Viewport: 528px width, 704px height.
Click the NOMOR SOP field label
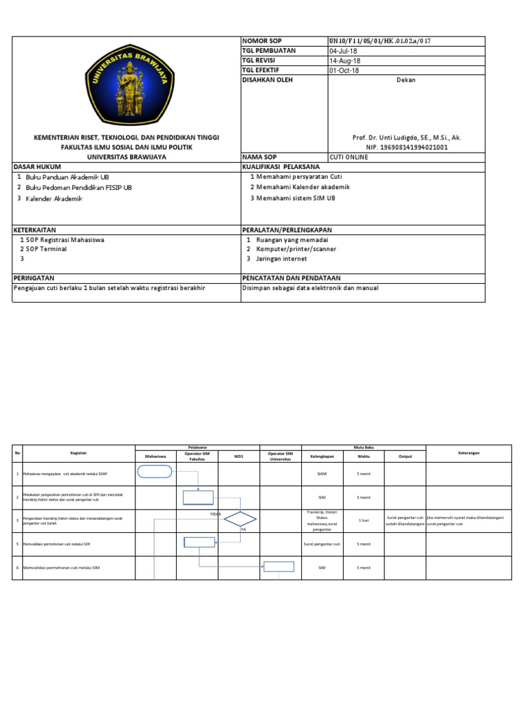click(262, 41)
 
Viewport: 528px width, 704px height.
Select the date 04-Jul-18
click(344, 51)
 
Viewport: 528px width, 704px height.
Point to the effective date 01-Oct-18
click(344, 70)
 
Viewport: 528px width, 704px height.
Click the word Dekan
click(406, 80)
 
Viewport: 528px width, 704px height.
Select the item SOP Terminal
click(46, 249)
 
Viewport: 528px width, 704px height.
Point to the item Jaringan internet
click(281, 258)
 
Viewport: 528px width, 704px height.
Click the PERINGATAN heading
click(34, 278)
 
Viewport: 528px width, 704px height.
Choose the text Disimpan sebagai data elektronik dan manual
click(310, 288)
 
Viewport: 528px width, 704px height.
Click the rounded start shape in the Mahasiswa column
click(155, 471)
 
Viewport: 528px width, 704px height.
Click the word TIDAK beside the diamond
click(215, 514)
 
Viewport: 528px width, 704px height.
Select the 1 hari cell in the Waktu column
click(364, 520)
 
